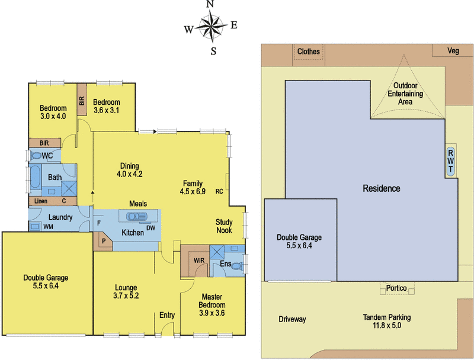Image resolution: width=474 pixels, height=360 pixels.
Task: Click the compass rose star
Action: coord(212,27)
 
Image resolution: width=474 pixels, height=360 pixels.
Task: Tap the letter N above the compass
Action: coord(210,4)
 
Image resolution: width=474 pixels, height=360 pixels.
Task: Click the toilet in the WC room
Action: coord(36,156)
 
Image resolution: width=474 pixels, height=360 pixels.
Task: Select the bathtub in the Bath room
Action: coord(35,177)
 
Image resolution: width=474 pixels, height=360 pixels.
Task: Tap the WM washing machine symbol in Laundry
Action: coord(35,226)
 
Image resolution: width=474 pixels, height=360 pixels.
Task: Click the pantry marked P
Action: coord(103,241)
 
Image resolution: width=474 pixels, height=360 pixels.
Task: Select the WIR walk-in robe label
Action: coord(199,261)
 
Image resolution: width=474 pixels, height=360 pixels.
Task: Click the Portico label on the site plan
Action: coord(396,288)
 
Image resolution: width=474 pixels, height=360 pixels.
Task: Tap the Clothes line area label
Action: coord(308,52)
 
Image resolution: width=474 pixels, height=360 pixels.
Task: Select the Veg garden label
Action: coord(453,51)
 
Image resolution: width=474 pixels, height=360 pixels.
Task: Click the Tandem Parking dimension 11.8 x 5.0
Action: coord(387,326)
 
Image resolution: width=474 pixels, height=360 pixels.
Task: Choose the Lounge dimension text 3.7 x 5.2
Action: coord(126,295)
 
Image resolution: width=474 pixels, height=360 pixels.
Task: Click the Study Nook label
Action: coord(224,226)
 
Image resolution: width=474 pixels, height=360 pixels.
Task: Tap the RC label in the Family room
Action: coord(219,191)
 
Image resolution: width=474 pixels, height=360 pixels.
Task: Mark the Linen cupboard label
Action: coord(40,201)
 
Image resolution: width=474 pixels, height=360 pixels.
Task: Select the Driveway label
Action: coord(292,319)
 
